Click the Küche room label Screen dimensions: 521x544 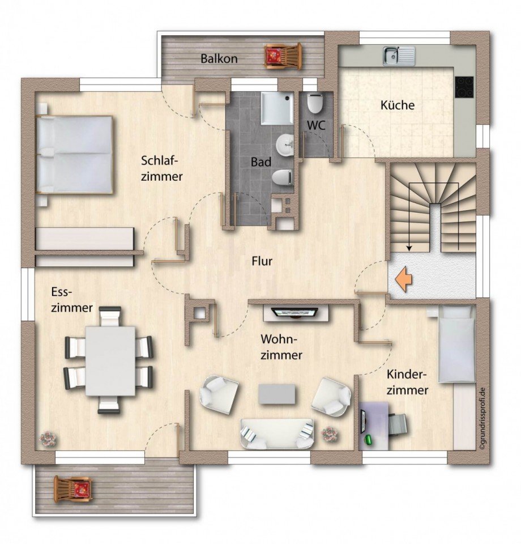click(x=397, y=105)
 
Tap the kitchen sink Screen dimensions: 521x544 click(x=399, y=56)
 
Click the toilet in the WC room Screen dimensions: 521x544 click(x=315, y=103)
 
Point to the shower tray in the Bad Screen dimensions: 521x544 click(x=277, y=108)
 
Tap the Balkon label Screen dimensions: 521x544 click(x=219, y=58)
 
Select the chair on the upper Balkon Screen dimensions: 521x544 click(x=283, y=56)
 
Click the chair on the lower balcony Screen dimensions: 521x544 click(x=74, y=489)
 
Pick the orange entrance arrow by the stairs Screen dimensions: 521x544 click(x=403, y=279)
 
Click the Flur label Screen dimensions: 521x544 click(x=262, y=261)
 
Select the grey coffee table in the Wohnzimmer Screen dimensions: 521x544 click(x=277, y=394)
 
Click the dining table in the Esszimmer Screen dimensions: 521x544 click(x=110, y=361)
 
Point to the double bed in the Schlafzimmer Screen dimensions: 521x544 click(x=75, y=154)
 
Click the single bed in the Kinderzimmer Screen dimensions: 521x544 click(x=456, y=344)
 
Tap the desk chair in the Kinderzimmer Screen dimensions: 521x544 click(x=397, y=424)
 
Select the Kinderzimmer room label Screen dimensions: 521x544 click(x=407, y=382)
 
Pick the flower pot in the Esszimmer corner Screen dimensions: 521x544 click(x=48, y=439)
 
